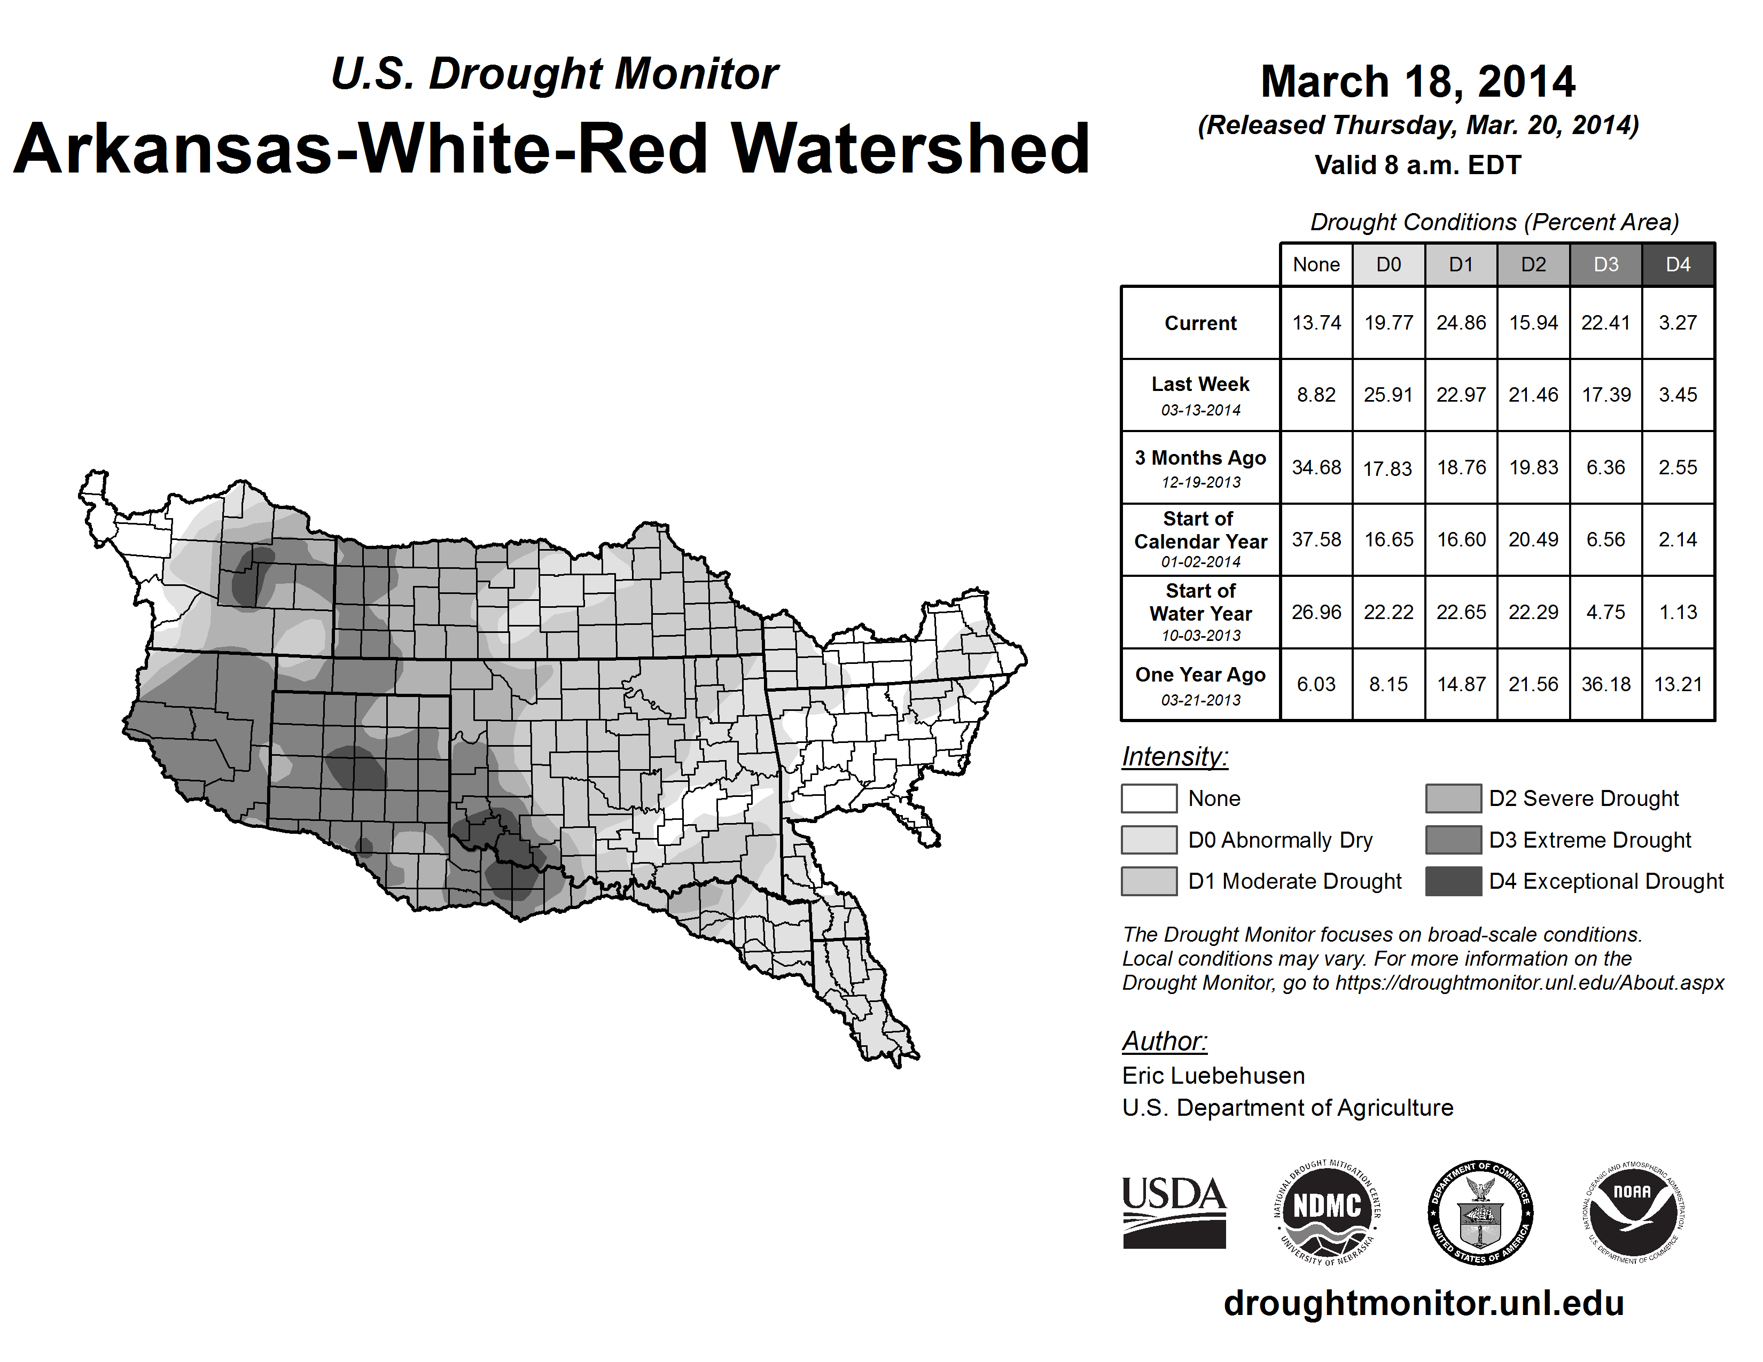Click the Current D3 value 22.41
1605,323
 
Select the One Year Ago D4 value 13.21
1678,684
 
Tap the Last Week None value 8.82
1316,395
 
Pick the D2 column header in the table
1533,264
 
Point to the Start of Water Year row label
1200,613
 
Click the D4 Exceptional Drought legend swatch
1453,881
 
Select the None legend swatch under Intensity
1149,798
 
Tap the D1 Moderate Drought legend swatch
1149,881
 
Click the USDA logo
1174,1213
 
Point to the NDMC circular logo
1327,1213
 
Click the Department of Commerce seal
1480,1213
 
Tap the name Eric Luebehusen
1213,1076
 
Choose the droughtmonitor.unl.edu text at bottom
1424,1303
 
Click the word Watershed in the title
910,148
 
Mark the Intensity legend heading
1174,757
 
